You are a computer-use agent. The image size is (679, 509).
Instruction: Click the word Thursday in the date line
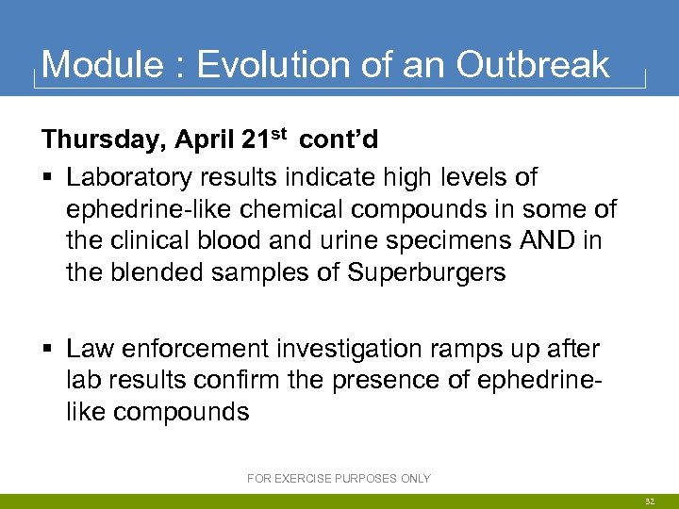[101, 140]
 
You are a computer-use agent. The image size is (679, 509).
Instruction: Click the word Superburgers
[427, 272]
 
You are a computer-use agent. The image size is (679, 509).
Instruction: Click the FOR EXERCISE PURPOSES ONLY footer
[339, 479]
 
